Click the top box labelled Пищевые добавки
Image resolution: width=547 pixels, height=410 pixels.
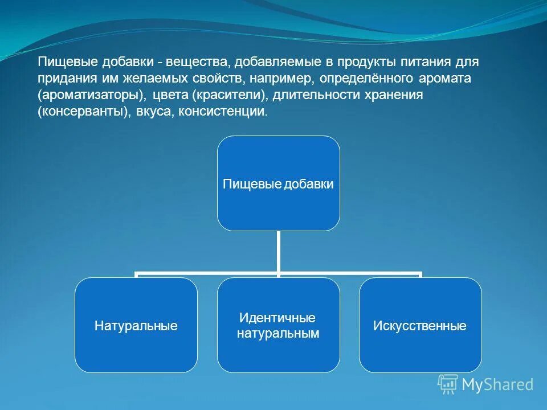[x=279, y=183]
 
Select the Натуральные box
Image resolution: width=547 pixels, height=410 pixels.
[x=136, y=326]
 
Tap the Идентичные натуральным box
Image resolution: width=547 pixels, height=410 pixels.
[x=279, y=326]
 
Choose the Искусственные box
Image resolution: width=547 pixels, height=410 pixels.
[x=420, y=326]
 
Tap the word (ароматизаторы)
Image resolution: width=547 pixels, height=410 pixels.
[x=91, y=95]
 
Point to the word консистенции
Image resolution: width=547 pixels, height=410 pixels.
[x=223, y=111]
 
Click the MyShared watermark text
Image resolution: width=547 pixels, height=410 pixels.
[x=497, y=385]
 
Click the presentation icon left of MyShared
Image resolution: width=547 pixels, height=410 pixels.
[x=448, y=384]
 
